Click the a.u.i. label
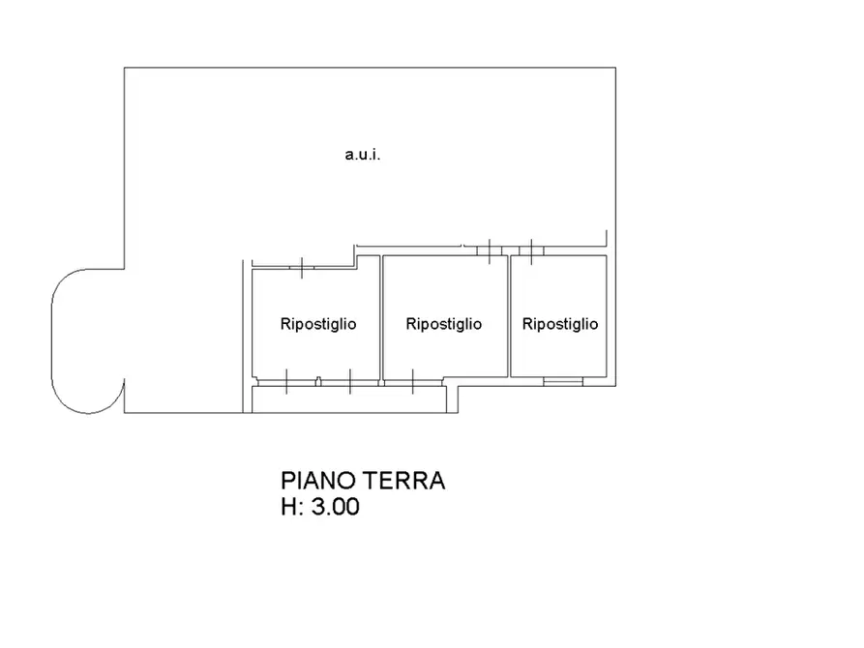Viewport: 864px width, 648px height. (x=363, y=155)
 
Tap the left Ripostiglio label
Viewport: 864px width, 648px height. (x=317, y=324)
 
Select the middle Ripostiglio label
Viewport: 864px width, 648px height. (x=444, y=324)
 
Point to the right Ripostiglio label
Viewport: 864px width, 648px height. (x=559, y=324)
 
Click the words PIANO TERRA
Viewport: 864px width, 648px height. (x=363, y=481)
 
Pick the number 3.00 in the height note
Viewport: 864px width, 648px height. (x=335, y=507)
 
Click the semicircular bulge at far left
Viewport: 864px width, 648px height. (x=84, y=340)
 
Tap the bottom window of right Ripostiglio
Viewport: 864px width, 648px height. (x=563, y=381)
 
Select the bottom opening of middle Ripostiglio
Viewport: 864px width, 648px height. (x=413, y=381)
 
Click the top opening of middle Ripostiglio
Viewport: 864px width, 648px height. (x=492, y=250)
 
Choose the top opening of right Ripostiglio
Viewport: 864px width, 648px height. (x=531, y=250)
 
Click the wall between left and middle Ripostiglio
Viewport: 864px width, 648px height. (x=380, y=319)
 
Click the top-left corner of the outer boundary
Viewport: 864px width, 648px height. (x=124, y=68)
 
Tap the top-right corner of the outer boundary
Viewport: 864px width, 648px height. (x=615, y=68)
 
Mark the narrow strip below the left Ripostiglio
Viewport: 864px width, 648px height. (x=348, y=399)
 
